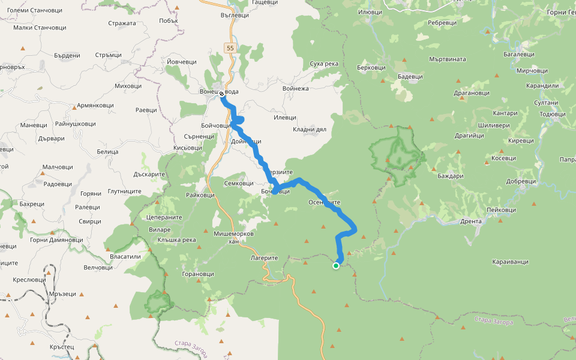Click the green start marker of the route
pos(336,265)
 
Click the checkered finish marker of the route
pos(223,93)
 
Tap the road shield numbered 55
pos(230,47)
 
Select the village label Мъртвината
pos(448,59)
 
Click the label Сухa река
pos(324,64)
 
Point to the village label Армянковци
pos(95,105)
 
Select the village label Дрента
pos(471,221)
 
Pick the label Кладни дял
pos(310,129)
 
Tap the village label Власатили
pos(125,256)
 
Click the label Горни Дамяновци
pos(56,240)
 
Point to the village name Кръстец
pos(62,347)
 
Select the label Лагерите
pos(265,257)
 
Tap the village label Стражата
pos(122,23)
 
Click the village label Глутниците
pos(124,191)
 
